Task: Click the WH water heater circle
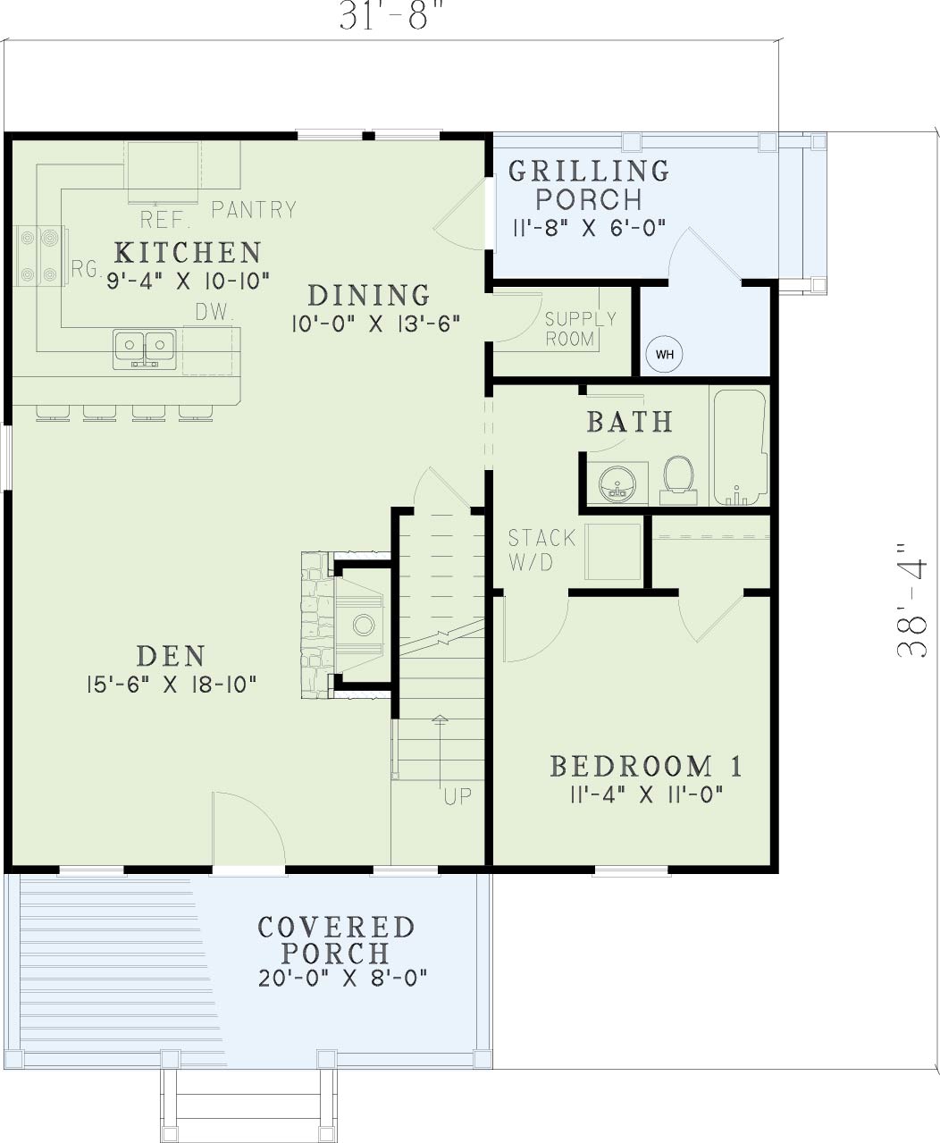tap(664, 355)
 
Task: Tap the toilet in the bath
tap(678, 480)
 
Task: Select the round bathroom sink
tap(617, 484)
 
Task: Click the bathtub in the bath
tap(740, 447)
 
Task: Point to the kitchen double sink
tap(144, 349)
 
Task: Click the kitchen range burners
tap(39, 256)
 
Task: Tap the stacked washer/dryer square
tap(613, 551)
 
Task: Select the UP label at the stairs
tap(457, 796)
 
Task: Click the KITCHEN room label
tap(188, 253)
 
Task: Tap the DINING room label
tap(369, 296)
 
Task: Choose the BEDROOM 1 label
tap(646, 767)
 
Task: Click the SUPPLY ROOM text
tap(580, 329)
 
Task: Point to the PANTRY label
tap(254, 210)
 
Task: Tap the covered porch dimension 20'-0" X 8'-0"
tap(342, 977)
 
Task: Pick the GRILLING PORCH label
tap(589, 185)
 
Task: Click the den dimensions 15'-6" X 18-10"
tap(172, 684)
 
